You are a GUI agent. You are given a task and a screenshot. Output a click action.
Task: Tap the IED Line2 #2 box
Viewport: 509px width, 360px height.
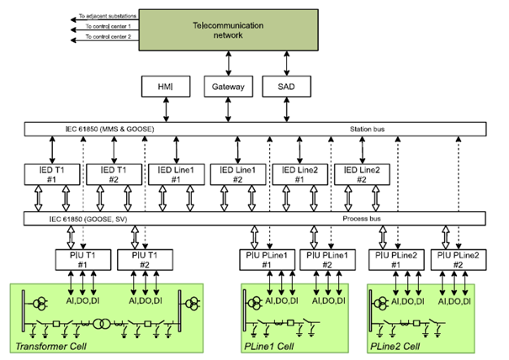point(363,174)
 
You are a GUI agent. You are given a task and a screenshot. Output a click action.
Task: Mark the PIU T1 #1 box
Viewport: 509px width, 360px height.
point(82,257)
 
